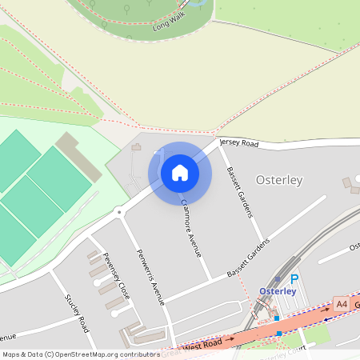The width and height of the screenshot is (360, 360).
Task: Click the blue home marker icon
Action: (180, 173)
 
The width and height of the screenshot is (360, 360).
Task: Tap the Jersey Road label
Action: (240, 143)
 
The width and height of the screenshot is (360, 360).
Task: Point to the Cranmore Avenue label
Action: (191, 228)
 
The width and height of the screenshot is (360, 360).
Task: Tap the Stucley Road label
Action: (78, 313)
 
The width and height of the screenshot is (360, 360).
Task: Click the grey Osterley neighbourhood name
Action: (278, 180)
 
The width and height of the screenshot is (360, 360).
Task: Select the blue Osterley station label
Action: (278, 290)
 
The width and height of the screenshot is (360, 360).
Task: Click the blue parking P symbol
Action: (294, 279)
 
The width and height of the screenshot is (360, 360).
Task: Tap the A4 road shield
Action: (342, 304)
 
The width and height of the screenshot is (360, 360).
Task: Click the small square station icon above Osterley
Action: (278, 279)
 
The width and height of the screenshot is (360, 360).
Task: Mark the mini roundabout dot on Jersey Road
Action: (118, 212)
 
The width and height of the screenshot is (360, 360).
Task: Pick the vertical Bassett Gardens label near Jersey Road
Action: (239, 193)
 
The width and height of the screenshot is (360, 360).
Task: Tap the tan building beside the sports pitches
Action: (78, 156)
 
